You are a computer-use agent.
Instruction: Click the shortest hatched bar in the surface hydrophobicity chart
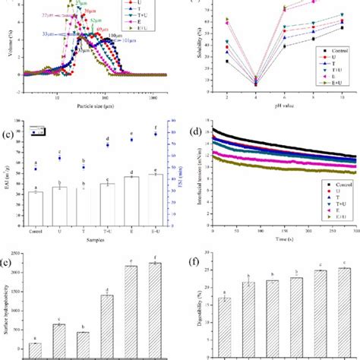tap(35, 349)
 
